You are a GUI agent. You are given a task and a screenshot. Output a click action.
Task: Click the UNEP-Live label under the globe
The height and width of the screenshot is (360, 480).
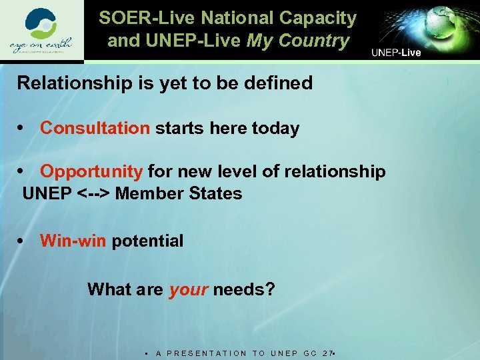396,53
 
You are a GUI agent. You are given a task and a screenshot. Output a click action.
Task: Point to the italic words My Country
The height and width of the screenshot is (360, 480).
298,41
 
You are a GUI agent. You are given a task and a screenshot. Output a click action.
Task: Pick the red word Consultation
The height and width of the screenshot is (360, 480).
95,128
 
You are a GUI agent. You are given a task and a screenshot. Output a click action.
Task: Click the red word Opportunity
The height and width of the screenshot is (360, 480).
91,171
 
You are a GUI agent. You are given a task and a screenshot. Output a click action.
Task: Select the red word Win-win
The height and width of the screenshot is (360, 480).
73,241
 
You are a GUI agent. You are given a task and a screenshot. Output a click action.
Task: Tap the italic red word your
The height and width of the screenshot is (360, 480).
189,289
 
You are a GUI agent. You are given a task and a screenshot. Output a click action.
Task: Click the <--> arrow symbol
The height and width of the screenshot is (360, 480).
94,194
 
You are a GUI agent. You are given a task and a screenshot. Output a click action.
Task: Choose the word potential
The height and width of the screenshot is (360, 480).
147,241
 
